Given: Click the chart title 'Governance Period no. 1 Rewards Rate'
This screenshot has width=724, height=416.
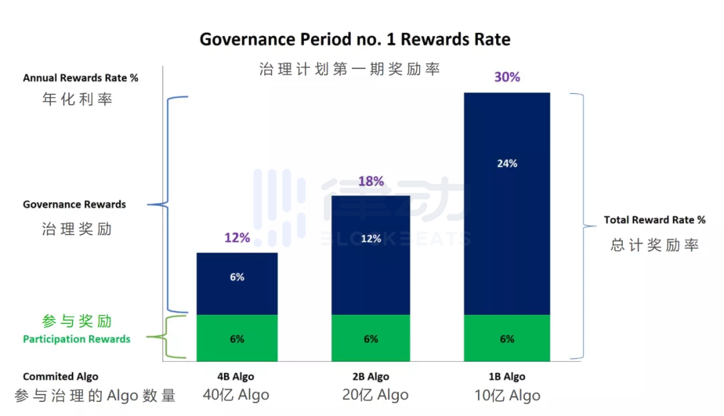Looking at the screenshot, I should [x=355, y=40].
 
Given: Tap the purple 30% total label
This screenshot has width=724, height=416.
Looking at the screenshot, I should [x=507, y=77].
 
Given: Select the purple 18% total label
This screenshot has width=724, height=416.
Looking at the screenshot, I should [x=371, y=181].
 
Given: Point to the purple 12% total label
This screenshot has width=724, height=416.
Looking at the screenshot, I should [x=237, y=238].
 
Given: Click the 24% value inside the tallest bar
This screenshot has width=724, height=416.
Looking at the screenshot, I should [x=507, y=163].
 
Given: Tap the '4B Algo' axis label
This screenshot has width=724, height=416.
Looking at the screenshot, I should [x=237, y=376].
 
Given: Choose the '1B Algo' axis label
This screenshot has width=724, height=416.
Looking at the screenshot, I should [x=507, y=376].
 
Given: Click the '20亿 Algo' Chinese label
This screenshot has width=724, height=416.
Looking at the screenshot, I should [x=375, y=395].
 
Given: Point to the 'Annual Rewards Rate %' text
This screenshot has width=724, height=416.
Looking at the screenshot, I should [x=80, y=78].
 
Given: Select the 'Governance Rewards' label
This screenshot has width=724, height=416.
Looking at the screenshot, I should [x=74, y=204].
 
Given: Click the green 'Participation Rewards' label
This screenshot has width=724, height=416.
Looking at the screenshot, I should [x=76, y=339].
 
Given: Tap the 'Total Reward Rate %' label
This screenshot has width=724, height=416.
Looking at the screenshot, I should [x=654, y=220].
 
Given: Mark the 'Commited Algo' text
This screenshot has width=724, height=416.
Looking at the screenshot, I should [x=60, y=376].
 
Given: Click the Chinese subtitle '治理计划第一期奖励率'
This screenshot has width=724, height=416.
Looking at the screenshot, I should [x=349, y=69].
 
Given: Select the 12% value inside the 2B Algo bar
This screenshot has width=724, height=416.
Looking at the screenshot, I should [x=371, y=238].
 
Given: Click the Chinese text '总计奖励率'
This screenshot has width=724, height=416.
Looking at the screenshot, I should [x=654, y=245].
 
